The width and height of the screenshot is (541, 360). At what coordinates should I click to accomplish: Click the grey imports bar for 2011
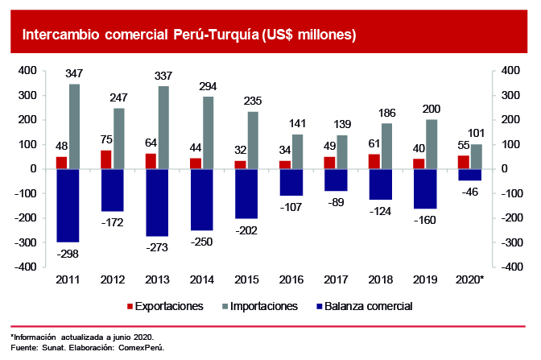click(x=74, y=126)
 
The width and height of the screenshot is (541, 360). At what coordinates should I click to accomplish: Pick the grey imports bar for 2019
click(x=432, y=144)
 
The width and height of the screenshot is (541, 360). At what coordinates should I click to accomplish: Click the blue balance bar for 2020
click(x=469, y=175)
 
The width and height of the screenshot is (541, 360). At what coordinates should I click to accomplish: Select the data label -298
click(x=68, y=253)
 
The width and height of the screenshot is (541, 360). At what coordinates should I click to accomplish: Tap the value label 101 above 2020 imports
click(x=477, y=134)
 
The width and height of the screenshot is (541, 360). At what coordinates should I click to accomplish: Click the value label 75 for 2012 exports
click(x=105, y=138)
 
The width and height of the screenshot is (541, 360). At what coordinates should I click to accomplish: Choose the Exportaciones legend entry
click(x=165, y=306)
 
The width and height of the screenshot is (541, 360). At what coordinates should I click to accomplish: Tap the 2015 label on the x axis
click(x=246, y=279)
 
